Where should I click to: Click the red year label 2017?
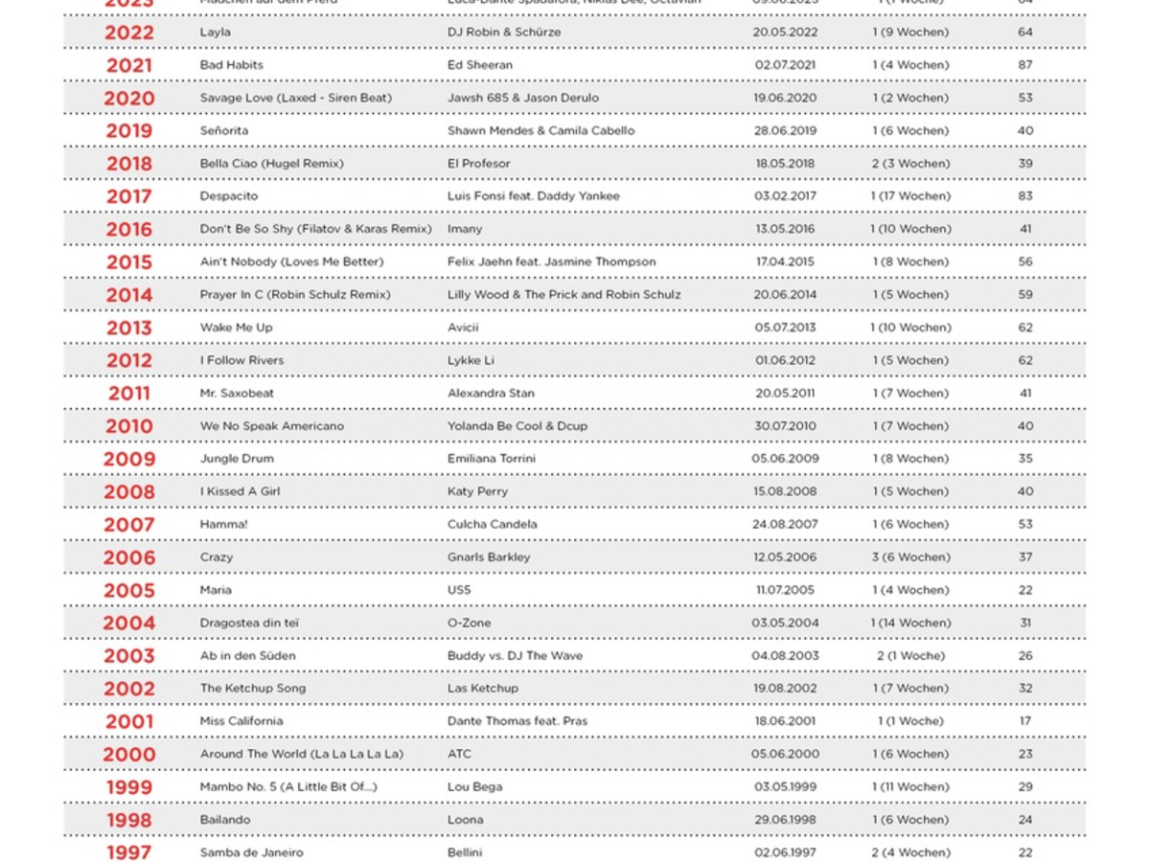coord(128,196)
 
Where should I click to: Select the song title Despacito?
coord(229,196)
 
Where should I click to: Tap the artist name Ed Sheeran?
coord(480,65)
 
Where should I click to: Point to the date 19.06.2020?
coord(785,98)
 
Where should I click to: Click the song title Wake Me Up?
coord(236,328)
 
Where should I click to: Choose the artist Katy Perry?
coord(477,491)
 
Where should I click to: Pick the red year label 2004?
coord(128,624)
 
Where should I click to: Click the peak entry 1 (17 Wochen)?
coord(910,196)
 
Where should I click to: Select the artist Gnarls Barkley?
coord(489,557)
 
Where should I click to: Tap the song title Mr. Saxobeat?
coord(237,394)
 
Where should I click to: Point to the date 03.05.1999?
coord(785,787)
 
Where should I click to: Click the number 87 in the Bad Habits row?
coord(1025,65)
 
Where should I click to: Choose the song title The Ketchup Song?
coord(253,689)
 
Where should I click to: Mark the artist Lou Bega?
coord(474,787)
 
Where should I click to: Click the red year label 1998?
coord(128,820)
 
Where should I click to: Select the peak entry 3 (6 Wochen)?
coord(910,557)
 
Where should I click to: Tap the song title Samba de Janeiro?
coord(251,852)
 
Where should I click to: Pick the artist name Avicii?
coord(463,328)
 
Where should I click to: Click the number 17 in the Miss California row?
coord(1025,721)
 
